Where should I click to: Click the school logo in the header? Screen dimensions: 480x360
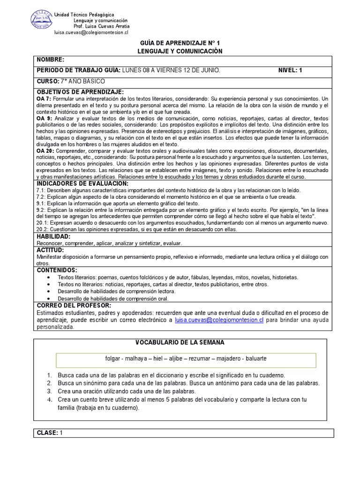41,20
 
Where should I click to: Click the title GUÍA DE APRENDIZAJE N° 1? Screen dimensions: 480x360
180,43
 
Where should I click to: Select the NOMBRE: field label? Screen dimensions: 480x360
47,60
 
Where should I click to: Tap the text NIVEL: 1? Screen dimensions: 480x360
290,70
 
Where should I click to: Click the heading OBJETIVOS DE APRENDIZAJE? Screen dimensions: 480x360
80,92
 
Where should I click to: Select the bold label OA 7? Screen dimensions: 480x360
44,99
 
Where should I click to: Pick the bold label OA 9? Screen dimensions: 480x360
44,119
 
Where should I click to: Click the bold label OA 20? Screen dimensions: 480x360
45,151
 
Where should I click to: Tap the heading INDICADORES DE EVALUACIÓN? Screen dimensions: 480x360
82,183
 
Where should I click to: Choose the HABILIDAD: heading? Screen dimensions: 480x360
54,237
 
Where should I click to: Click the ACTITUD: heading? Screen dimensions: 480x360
50,250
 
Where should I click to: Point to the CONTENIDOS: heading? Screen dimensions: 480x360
57,270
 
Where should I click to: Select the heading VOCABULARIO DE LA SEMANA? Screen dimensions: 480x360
180,343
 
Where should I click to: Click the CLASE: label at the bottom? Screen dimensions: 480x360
47,433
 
